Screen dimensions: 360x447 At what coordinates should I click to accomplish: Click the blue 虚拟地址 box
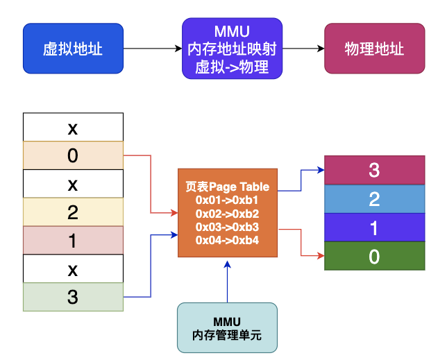click(x=73, y=49)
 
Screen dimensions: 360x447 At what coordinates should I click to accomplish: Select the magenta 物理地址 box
click(x=374, y=49)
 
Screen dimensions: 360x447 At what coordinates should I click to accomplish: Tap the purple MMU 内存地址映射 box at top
click(x=232, y=48)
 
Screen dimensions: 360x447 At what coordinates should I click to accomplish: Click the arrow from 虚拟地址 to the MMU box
click(x=153, y=49)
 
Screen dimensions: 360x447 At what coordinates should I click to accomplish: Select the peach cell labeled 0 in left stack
click(x=73, y=156)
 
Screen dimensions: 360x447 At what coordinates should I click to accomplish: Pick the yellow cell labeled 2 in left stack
click(x=73, y=212)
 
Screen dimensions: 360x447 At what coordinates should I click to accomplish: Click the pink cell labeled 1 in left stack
click(x=73, y=241)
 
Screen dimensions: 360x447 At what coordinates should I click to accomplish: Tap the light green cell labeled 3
click(x=73, y=297)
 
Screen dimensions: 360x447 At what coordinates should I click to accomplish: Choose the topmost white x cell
click(x=73, y=128)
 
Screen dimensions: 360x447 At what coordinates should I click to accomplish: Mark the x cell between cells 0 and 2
click(x=73, y=184)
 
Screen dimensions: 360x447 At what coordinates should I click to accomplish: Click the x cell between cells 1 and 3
click(x=73, y=268)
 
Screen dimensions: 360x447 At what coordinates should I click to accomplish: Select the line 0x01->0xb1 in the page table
click(x=227, y=200)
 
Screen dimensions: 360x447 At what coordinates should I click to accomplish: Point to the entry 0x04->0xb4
click(x=227, y=240)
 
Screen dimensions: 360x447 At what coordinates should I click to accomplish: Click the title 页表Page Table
click(x=227, y=187)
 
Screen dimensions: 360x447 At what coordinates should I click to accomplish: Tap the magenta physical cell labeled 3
click(x=374, y=171)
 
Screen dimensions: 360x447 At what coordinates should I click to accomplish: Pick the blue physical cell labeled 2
click(x=374, y=199)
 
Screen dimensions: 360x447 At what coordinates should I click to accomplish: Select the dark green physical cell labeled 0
click(x=374, y=256)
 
